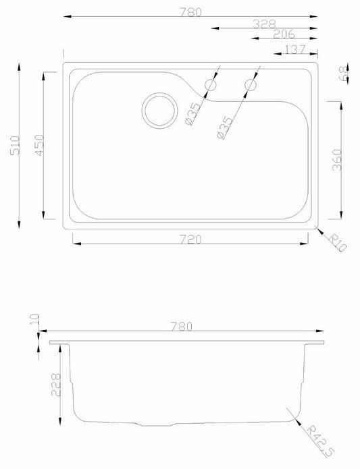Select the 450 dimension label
39,145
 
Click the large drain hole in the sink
159,109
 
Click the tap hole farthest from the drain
251,85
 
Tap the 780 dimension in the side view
182,327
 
